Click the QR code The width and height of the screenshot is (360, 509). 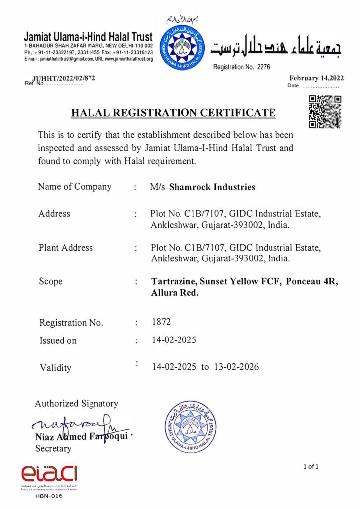pos(325,112)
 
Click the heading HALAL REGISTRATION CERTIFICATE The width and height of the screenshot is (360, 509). pos(173,113)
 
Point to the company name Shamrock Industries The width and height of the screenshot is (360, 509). pos(212,187)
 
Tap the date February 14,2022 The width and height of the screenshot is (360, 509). pos(316,78)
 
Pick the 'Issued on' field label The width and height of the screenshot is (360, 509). pos(58,341)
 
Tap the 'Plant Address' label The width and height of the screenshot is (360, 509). pos(66,247)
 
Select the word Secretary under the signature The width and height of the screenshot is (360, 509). pos(53,448)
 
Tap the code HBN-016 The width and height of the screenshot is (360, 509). pos(49,496)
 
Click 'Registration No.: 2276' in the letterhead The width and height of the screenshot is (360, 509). pos(241,67)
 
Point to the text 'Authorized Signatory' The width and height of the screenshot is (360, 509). pos(77,403)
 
